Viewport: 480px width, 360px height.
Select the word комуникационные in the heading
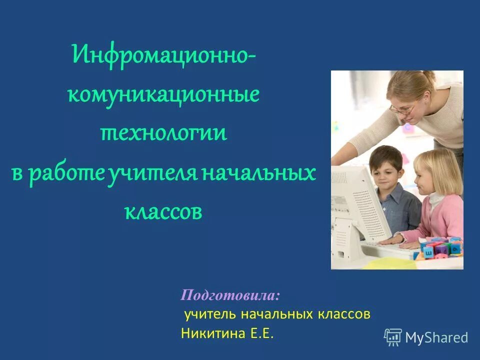click(x=163, y=94)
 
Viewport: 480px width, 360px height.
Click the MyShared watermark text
click(x=436, y=337)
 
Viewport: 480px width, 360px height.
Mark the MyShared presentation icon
click(x=393, y=337)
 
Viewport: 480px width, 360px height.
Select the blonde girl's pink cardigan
click(x=440, y=217)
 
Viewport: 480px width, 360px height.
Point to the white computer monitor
click(x=352, y=205)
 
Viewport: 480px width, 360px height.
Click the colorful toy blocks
click(x=440, y=247)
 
